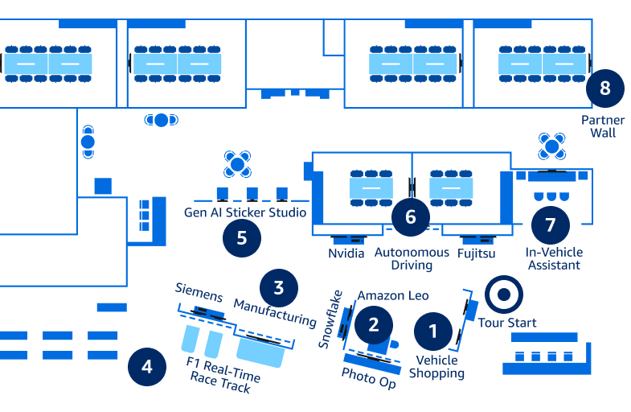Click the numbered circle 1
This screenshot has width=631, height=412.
click(x=434, y=331)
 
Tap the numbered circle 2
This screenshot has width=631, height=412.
click(x=373, y=324)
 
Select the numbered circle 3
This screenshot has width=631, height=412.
click(x=278, y=287)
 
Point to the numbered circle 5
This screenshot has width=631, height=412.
click(x=242, y=238)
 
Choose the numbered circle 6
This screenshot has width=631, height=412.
click(x=411, y=216)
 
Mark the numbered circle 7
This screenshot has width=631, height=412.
click(x=551, y=225)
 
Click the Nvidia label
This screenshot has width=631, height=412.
click(x=346, y=253)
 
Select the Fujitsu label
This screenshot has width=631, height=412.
click(x=476, y=253)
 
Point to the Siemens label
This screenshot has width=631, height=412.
click(x=199, y=293)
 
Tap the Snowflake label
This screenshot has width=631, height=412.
click(x=330, y=319)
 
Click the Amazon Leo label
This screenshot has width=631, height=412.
click(x=393, y=295)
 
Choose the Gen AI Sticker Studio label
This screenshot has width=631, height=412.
click(x=245, y=212)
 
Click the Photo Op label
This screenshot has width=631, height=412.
click(x=369, y=377)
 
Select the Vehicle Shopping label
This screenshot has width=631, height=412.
click(x=436, y=366)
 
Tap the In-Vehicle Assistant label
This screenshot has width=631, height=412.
click(x=554, y=258)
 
